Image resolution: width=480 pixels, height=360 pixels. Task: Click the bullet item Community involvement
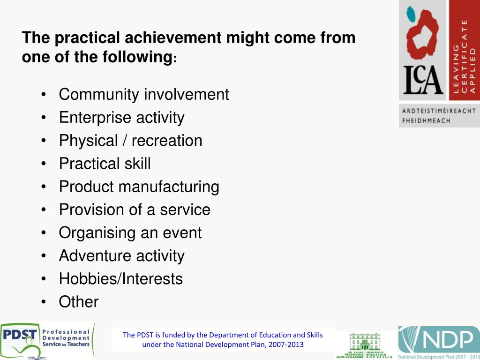pos(143,95)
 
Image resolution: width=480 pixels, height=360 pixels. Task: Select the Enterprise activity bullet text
pos(121,118)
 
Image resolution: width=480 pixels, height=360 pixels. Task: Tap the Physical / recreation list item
pos(130,141)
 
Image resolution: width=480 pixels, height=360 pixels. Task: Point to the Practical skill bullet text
pos(105,164)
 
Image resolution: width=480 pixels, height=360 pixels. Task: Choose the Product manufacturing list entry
pos(139,187)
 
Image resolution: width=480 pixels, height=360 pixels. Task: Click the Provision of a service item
pos(135,210)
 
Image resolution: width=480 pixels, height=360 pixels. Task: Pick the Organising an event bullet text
pos(130,232)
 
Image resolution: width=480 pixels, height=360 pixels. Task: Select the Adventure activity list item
pos(121,255)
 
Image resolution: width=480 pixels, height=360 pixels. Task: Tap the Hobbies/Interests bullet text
pos(120,278)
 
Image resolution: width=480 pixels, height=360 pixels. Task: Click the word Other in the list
pos(79,302)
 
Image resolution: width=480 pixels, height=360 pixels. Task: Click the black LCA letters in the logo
pos(423,81)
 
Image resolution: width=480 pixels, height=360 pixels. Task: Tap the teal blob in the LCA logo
pos(411,15)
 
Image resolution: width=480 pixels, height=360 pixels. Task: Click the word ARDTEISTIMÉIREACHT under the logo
pos(439,111)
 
